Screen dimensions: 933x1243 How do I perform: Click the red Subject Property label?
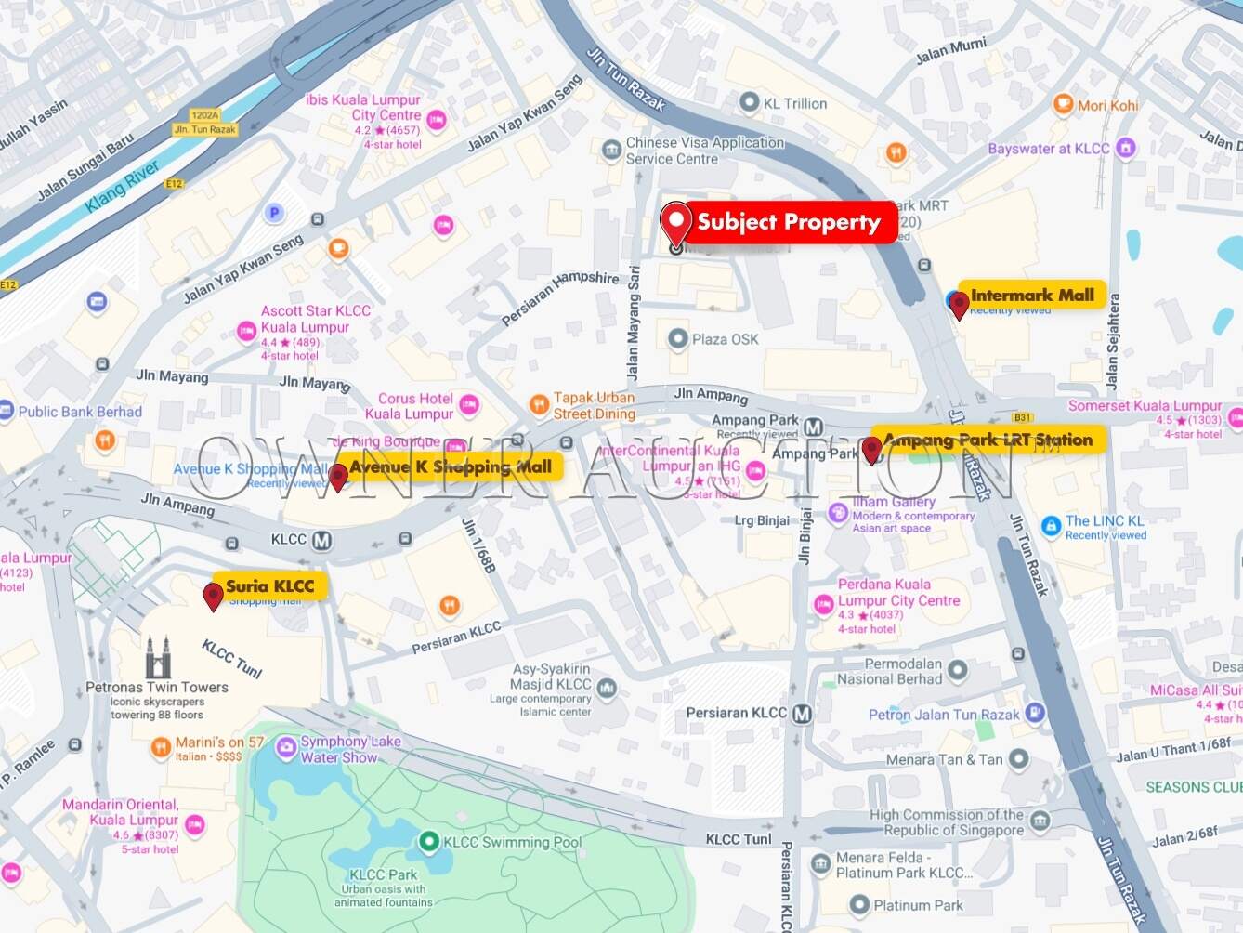(x=788, y=222)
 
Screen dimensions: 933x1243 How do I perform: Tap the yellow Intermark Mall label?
(x=1031, y=295)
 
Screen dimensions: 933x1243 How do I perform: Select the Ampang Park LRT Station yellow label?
(x=988, y=440)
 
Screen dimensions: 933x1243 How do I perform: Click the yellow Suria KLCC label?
(x=270, y=585)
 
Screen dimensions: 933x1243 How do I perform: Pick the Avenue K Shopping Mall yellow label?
(x=451, y=466)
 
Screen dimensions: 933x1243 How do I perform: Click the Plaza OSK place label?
(x=725, y=339)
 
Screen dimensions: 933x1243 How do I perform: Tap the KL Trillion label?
(x=794, y=103)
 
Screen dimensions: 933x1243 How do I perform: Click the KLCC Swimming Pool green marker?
(x=428, y=842)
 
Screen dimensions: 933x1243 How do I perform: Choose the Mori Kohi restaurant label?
(x=1107, y=105)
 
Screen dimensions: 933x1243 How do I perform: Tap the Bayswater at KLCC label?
(x=1049, y=148)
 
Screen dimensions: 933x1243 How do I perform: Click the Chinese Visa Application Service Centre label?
(x=704, y=151)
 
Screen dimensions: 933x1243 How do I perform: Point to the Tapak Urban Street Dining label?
(x=595, y=405)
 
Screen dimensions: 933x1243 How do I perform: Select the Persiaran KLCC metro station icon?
(x=802, y=714)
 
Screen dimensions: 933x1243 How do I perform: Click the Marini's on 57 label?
(x=220, y=742)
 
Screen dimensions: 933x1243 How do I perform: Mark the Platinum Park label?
(x=918, y=905)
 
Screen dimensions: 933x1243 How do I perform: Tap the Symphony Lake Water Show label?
(x=350, y=749)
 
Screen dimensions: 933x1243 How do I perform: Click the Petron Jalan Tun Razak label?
(x=944, y=715)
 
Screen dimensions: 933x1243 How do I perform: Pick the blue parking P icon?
(x=273, y=213)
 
